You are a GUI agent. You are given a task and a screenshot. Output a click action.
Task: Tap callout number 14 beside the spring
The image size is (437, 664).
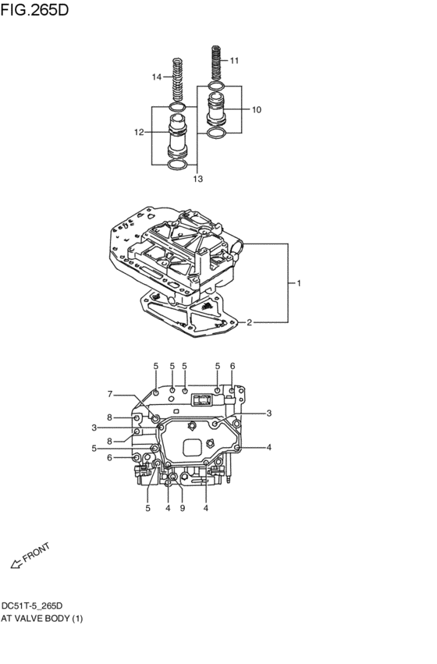point(157,76)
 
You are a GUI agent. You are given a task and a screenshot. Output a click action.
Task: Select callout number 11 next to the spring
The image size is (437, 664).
point(234,60)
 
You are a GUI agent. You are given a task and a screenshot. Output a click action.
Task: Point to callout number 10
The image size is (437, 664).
point(256,110)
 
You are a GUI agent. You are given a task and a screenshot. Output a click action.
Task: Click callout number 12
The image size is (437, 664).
point(138,133)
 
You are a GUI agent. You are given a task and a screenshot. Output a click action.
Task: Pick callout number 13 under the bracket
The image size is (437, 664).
point(197,179)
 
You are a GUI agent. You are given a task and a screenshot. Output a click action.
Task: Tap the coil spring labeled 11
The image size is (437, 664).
point(216,62)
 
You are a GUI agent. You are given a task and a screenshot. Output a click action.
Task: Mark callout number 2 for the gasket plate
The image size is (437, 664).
point(249,321)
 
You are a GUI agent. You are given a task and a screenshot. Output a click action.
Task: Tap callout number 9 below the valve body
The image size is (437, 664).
point(182,509)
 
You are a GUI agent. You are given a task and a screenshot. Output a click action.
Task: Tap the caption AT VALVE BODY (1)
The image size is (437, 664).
point(41,619)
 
